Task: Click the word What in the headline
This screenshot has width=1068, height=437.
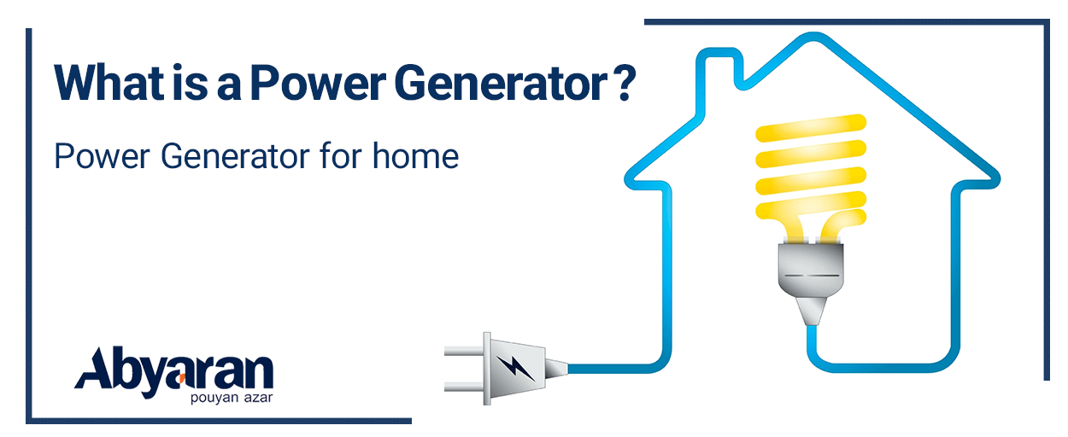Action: (109, 83)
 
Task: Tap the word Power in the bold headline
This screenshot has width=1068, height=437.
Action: (318, 84)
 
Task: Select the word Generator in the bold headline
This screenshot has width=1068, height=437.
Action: (501, 83)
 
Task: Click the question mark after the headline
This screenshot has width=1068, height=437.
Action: (625, 82)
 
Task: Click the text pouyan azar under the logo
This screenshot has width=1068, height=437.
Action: (232, 398)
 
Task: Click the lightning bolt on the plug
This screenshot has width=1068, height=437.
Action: (515, 369)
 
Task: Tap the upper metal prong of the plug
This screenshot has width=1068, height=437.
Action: (464, 352)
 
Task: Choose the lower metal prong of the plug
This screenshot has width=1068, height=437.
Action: (464, 387)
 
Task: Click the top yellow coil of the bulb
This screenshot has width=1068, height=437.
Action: (811, 127)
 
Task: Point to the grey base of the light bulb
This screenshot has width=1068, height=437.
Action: (811, 268)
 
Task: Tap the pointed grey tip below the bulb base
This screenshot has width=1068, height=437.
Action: (811, 311)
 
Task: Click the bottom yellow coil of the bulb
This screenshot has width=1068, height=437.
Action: (811, 209)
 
